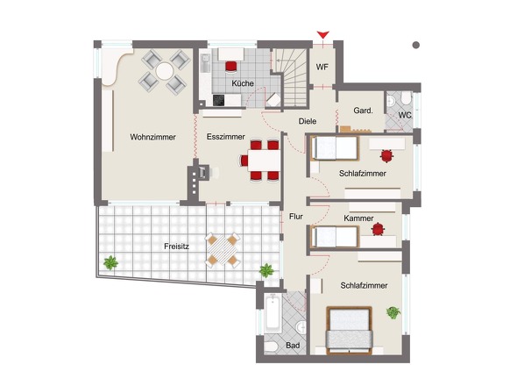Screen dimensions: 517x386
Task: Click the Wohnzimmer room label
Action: (152, 137)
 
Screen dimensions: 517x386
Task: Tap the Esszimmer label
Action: (226, 137)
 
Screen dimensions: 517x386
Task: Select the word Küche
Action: (243, 83)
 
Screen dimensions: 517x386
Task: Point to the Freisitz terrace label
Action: (176, 247)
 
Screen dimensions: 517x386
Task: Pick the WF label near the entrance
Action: (322, 67)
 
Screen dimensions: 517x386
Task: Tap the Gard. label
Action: (363, 111)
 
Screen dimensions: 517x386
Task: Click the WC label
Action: (405, 115)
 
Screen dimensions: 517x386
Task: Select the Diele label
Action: (308, 121)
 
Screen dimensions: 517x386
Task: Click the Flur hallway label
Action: (296, 217)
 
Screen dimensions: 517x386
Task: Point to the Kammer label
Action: (358, 218)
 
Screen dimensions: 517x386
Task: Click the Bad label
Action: (293, 346)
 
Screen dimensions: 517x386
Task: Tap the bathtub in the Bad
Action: (273, 313)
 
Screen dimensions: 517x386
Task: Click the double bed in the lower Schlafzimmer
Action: (349, 331)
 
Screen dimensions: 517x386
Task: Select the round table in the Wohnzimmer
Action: (164, 71)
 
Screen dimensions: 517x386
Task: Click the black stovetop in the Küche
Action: (218, 100)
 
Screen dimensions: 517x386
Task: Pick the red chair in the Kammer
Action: (378, 229)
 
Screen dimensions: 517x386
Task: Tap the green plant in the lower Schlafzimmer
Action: (393, 312)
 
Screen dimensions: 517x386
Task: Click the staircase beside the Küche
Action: (291, 78)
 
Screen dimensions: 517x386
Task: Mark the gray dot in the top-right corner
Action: (416, 45)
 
